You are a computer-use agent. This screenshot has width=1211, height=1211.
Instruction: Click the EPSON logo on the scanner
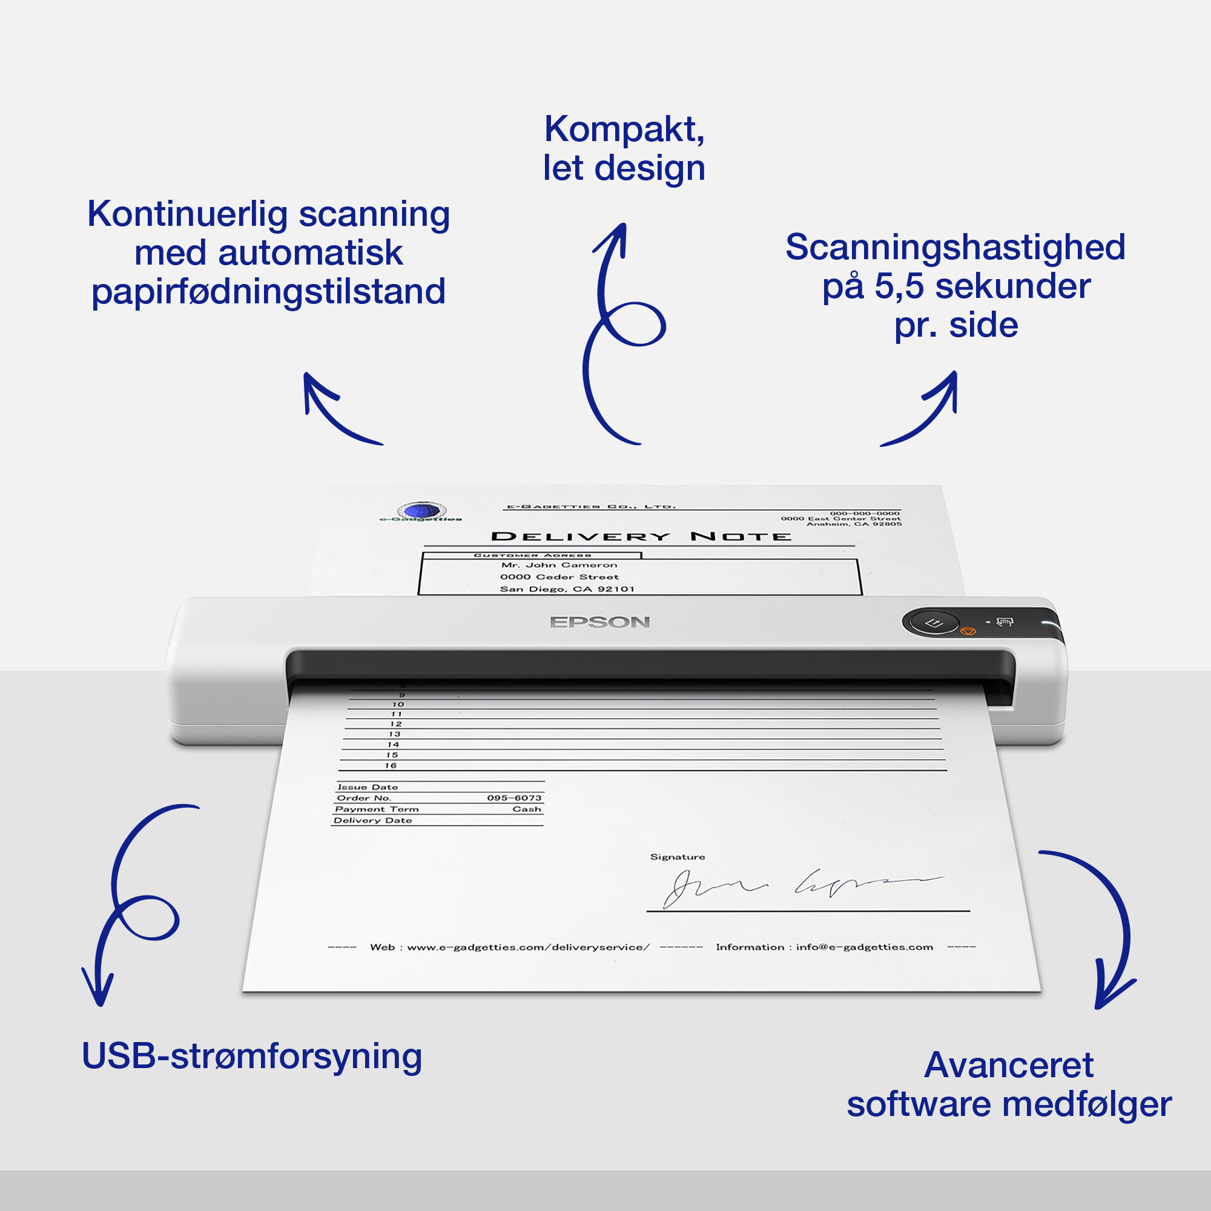600,622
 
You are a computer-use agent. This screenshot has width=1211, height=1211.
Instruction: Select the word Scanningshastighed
955,247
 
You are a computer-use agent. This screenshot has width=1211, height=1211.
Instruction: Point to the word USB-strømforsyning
252,1056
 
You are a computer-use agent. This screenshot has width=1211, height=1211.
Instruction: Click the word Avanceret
1009,1065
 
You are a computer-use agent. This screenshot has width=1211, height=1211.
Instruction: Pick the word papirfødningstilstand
268,292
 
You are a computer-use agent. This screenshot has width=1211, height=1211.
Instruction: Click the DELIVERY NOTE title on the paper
641,536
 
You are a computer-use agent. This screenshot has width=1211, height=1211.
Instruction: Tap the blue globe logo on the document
422,511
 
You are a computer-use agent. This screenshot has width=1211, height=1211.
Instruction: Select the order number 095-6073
514,798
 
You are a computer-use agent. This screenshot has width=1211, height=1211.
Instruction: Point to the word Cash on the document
527,809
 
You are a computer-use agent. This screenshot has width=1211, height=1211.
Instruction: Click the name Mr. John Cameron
559,565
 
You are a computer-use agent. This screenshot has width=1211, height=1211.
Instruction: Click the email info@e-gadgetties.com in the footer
865,947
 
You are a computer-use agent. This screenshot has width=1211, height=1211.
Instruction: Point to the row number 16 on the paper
391,765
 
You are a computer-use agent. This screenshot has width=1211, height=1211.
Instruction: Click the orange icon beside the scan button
968,631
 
